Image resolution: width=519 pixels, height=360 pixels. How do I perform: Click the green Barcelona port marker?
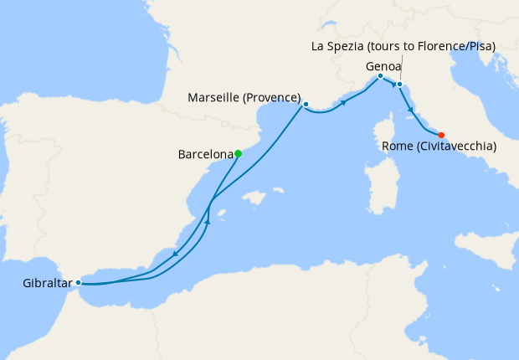point(239,153)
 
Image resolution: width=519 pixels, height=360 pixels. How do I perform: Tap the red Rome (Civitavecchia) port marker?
point(441,135)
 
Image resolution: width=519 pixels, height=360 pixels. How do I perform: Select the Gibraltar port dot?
point(78,282)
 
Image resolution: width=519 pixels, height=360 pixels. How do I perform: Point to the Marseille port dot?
point(306,105)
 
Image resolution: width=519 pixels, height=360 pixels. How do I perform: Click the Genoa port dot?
point(380,76)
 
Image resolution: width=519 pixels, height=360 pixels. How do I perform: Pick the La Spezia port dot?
point(399,85)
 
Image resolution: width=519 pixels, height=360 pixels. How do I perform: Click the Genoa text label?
point(383,64)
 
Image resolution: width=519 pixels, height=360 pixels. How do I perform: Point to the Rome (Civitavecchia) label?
point(439,147)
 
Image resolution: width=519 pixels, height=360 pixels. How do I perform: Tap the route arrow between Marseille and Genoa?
point(343,102)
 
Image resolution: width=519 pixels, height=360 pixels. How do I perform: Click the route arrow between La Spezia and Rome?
point(411,110)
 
